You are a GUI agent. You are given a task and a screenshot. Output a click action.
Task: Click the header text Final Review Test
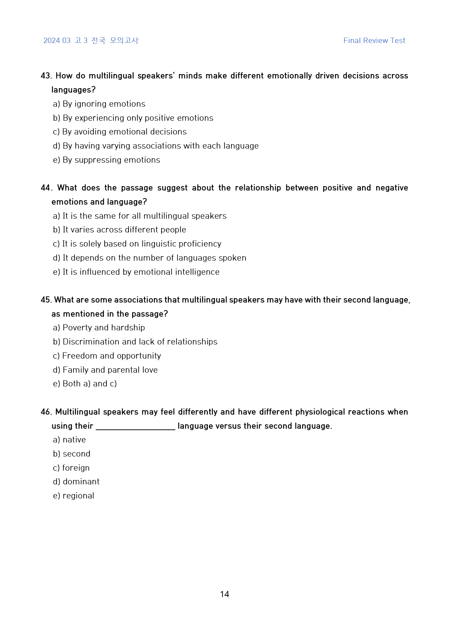coord(374,40)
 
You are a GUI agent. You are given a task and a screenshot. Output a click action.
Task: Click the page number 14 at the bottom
coord(224,594)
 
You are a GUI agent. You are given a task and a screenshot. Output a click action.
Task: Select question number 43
coord(46,76)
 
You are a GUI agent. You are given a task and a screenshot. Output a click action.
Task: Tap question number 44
coord(46,188)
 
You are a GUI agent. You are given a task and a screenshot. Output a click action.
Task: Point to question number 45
coord(46,300)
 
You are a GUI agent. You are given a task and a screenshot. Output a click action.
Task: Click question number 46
coord(46,412)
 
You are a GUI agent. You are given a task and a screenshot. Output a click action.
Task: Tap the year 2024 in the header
coord(51,40)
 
